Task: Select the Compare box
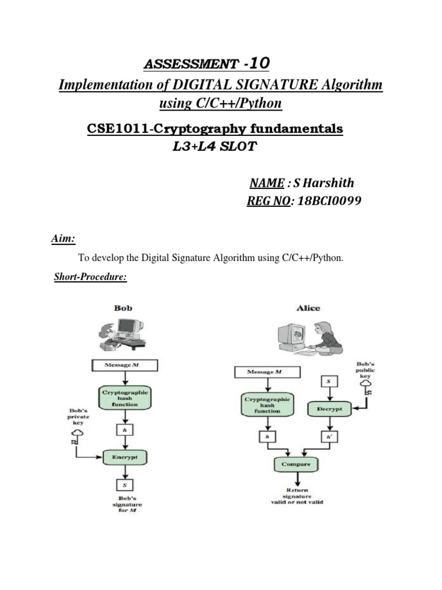(x=296, y=464)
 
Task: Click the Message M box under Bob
(x=125, y=365)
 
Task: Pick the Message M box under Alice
(x=264, y=372)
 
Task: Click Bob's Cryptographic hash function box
(x=125, y=398)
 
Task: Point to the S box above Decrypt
(x=328, y=381)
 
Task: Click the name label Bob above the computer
(x=123, y=308)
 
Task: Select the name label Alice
(x=308, y=308)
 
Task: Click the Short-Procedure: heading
(x=90, y=277)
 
